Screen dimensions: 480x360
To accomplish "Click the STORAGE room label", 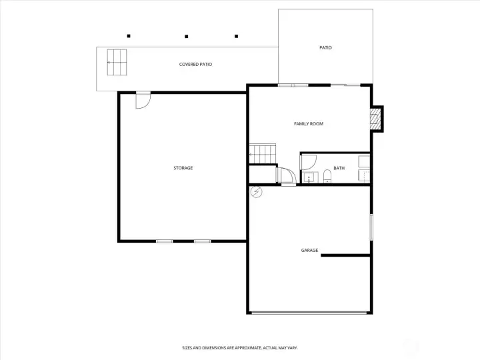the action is pos(183,168).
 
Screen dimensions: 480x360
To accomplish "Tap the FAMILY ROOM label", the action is pos(309,124).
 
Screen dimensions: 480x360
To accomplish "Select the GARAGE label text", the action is pos(309,250).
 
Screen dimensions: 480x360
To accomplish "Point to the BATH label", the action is pos(339,168).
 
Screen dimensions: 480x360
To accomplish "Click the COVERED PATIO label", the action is pos(195,64).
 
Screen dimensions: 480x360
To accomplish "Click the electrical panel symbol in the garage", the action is pos(256,192).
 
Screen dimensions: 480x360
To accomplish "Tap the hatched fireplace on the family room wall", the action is pos(375,119).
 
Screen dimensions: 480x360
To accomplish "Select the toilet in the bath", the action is pos(327,176).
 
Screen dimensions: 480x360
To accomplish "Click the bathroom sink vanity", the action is pos(311,177).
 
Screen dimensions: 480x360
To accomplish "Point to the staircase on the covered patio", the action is pos(117,62).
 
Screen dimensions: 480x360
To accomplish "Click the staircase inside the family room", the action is pos(263,154).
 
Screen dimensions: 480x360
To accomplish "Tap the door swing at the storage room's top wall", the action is pos(143,100).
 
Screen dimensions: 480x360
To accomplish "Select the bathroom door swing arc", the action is pos(309,162).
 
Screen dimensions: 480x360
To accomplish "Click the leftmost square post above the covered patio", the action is pos(129,36).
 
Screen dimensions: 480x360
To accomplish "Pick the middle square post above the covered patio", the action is pos(187,37).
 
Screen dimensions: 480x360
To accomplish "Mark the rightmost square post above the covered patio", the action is pos(236,36).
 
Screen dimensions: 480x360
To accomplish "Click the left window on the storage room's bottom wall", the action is pos(165,241).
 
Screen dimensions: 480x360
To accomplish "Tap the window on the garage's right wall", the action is pos(371,227).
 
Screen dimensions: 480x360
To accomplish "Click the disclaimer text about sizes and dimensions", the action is pos(240,348).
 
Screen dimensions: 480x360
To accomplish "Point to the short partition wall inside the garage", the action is pos(345,255).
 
